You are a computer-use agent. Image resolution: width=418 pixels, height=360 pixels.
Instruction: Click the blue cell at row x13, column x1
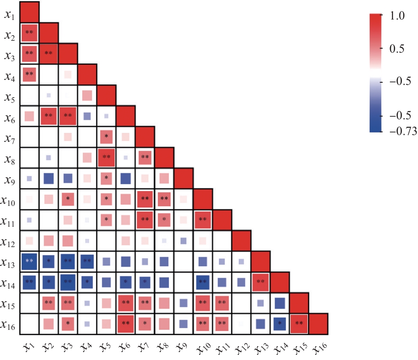(29, 262)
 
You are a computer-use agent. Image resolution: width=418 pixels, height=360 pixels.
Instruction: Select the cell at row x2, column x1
(29, 32)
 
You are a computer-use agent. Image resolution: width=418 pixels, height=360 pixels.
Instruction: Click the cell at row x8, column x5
(107, 157)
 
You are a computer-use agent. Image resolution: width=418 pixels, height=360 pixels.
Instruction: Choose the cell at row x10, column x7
(145, 199)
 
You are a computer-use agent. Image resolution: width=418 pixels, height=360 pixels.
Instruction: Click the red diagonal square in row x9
(184, 178)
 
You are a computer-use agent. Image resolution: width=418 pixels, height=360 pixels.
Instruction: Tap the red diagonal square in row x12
(241, 240)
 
